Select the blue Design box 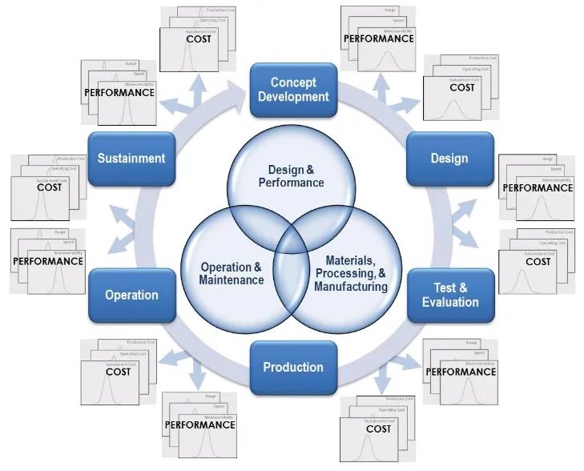click(x=449, y=158)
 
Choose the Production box click(x=293, y=368)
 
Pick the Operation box click(x=131, y=295)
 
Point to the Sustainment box click(x=131, y=158)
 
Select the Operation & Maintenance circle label click(x=232, y=273)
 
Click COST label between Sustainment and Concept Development click(x=198, y=38)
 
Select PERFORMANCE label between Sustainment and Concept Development click(x=119, y=92)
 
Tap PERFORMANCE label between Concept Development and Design click(x=378, y=38)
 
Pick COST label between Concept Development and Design click(x=461, y=87)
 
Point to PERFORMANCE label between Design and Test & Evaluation click(x=538, y=187)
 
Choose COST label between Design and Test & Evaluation click(x=538, y=261)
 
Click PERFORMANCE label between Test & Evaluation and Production click(x=461, y=372)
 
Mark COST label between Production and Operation click(x=118, y=372)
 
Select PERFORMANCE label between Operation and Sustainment click(x=49, y=261)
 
